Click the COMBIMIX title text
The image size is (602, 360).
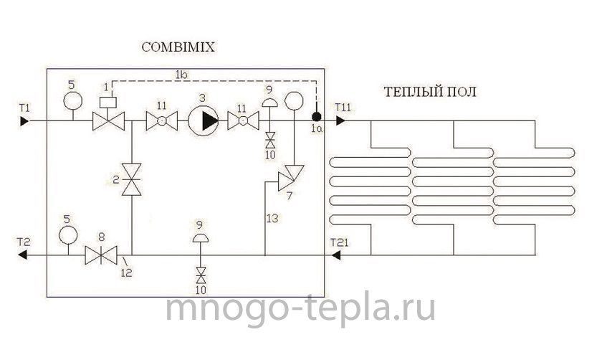178,47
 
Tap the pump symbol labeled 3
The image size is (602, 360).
203,120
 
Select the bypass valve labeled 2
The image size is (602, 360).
132,179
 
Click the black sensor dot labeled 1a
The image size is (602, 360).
316,116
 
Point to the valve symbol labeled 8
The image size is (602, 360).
101,255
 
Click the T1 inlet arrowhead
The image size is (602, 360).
24,121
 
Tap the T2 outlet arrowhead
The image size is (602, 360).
23,255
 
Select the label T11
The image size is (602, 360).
343,107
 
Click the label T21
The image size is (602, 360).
339,242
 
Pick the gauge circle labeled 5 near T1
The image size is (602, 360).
72,100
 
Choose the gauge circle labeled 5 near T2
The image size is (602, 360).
68,235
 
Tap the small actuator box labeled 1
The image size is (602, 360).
107,103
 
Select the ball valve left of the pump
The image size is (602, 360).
162,120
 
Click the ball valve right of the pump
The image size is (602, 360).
243,120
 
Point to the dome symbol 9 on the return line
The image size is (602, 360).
201,238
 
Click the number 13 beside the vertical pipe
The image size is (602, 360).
272,218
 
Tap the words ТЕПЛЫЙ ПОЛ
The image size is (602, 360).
431,92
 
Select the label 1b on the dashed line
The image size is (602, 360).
181,75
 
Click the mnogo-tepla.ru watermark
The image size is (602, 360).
300,308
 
